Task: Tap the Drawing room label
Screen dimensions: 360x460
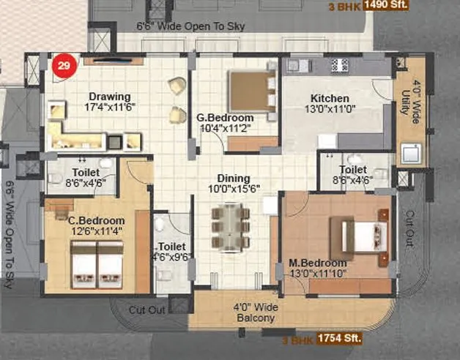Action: pyautogui.click(x=110, y=97)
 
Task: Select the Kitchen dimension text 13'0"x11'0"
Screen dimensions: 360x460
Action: pyautogui.click(x=330, y=110)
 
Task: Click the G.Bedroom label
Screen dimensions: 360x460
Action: pyautogui.click(x=225, y=117)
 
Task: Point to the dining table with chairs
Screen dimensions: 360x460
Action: pyautogui.click(x=230, y=226)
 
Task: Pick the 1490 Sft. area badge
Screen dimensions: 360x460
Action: pyautogui.click(x=387, y=6)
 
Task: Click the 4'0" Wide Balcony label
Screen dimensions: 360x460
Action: pyautogui.click(x=254, y=312)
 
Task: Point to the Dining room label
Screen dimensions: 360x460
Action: pyautogui.click(x=233, y=179)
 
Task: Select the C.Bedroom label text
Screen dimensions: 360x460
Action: pyautogui.click(x=96, y=220)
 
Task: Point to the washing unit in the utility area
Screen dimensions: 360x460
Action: pyautogui.click(x=409, y=153)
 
